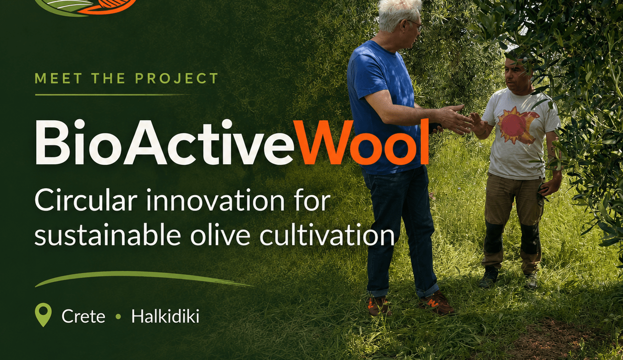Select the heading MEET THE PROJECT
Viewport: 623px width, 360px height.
127,78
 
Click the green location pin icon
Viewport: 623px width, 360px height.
43,314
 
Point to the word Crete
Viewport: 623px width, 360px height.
83,317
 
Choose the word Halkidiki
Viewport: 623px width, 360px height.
165,316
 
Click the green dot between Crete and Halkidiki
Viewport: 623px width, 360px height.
118,317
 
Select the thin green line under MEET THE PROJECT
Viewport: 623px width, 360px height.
113,95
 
